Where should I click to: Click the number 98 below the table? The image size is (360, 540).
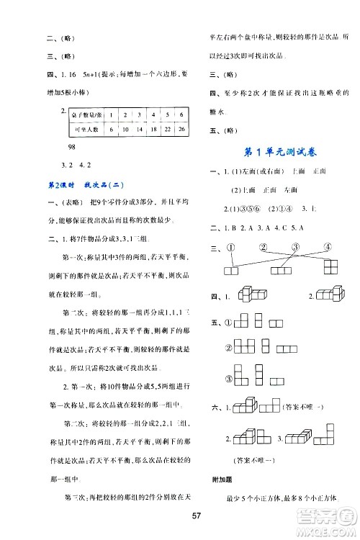(x=71, y=146)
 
